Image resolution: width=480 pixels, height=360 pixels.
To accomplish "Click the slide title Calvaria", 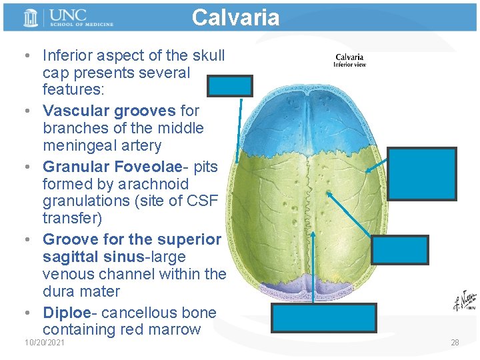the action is (x=235, y=17).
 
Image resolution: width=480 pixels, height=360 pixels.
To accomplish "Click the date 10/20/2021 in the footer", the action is (x=45, y=342).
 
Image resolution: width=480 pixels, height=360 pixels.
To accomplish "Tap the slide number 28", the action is (x=455, y=342).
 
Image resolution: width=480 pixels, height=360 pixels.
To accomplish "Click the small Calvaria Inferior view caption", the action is (x=349, y=61).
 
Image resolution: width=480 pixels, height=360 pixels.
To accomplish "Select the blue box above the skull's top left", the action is (x=230, y=85).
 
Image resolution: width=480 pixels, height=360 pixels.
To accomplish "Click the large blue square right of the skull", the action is (x=423, y=173).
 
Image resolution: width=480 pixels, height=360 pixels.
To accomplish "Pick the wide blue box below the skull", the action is (x=324, y=318).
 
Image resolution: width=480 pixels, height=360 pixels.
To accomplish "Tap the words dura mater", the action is (x=81, y=291).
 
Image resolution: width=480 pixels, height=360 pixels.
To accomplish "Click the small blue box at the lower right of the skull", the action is (x=399, y=250).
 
